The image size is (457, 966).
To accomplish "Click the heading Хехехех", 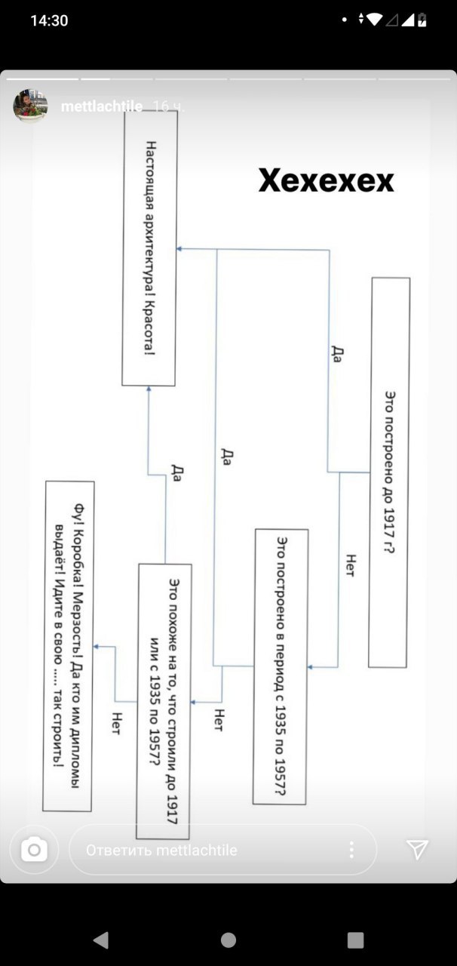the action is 326,180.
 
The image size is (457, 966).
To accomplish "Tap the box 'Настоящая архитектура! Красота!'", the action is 149,248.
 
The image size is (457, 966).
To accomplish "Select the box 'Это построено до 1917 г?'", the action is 389,472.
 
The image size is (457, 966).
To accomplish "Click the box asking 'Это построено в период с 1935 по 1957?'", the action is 281,666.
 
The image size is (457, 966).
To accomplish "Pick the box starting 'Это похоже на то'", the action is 164,701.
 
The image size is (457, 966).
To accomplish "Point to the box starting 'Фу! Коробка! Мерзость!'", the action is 68,646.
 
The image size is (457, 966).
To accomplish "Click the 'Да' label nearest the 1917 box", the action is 336,354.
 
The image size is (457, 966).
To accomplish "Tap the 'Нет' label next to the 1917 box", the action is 350,565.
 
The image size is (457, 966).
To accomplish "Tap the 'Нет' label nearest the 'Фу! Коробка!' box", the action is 116,723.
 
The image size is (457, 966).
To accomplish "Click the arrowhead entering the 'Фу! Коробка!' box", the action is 97,647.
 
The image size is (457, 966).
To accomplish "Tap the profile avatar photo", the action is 30,106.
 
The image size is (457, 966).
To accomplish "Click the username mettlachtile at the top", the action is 102,106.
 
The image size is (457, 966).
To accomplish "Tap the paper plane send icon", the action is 417,850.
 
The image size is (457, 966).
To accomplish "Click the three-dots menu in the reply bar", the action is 352,849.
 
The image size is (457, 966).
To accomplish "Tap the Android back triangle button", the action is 101,940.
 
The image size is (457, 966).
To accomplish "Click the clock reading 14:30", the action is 49,20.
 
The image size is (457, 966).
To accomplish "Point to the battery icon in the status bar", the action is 422,20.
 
